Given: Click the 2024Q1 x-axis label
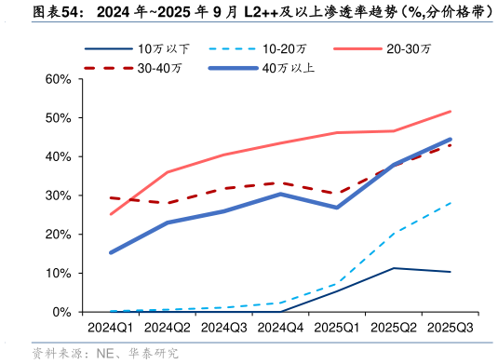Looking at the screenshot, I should click(x=111, y=328).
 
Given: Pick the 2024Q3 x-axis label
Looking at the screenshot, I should click(x=224, y=328).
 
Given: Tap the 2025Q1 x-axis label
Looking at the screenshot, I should click(x=337, y=328).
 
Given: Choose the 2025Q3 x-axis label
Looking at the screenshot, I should click(x=450, y=328).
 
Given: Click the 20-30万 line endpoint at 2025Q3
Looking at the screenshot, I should click(x=451, y=112).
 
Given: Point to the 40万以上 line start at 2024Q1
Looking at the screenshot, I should click(x=111, y=252).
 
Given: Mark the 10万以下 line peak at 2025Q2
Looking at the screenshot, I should click(x=394, y=268).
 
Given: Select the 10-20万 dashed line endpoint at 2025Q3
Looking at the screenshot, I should click(x=451, y=202).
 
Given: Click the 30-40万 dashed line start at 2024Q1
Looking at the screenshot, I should click(x=111, y=197).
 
